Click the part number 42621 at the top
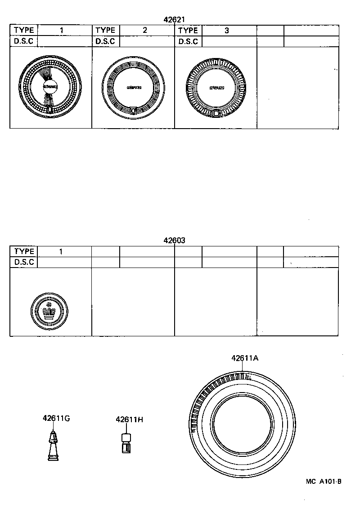click(175, 19)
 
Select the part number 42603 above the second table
click(175, 241)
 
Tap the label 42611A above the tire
click(245, 358)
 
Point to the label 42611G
click(56, 418)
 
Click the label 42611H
click(129, 420)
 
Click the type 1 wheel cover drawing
click(50, 87)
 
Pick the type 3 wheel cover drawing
click(215, 88)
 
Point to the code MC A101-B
click(324, 482)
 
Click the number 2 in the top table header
click(144, 31)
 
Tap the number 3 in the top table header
click(227, 31)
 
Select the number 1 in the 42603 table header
click(61, 252)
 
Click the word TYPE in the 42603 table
click(24, 252)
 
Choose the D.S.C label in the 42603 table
click(24, 262)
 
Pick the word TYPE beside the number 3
click(188, 31)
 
